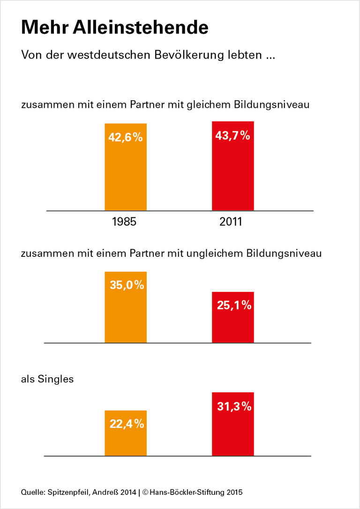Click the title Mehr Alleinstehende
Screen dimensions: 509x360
(114, 28)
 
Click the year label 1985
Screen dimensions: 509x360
(124, 222)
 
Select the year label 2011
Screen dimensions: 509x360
(231, 222)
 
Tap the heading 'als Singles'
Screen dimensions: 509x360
(47, 379)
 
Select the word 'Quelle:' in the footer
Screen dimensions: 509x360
(32, 492)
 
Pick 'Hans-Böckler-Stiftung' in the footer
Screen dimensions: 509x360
(187, 492)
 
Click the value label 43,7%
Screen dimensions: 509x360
(232, 136)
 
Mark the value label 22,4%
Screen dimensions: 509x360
(126, 424)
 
